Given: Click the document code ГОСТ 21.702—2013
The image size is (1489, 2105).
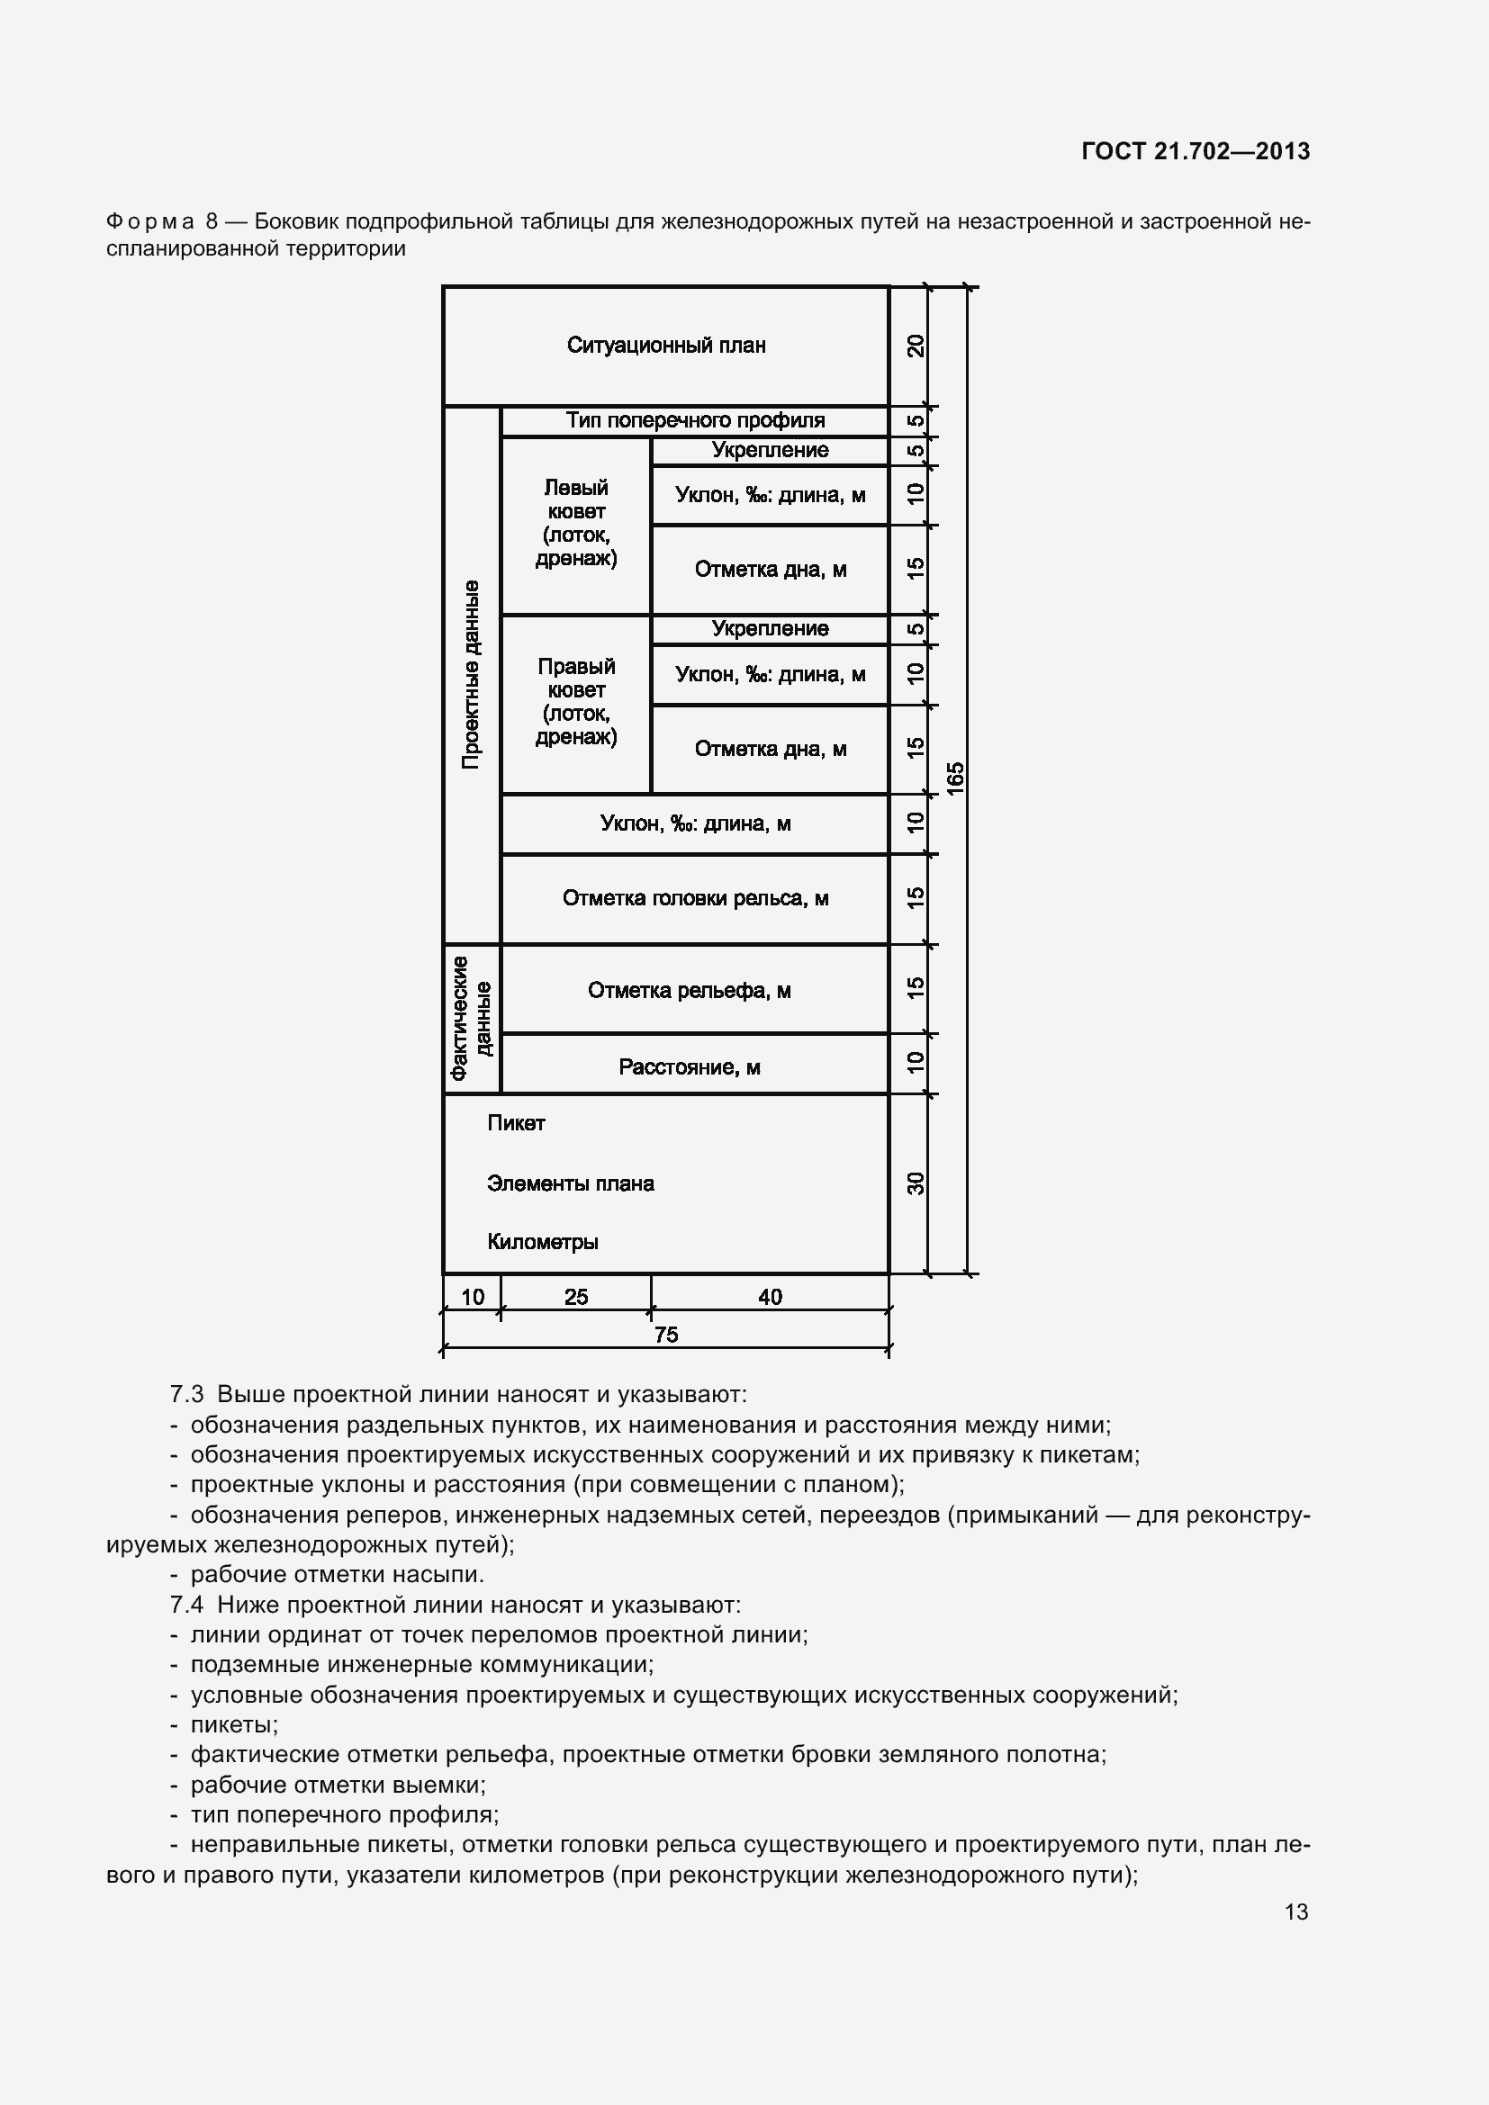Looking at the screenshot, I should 1195,151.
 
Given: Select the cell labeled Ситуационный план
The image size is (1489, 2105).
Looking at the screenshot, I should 665,346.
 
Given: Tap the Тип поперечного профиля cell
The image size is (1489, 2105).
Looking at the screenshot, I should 695,421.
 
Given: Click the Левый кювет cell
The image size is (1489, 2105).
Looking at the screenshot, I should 576,524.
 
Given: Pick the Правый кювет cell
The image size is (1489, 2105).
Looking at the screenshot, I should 576,702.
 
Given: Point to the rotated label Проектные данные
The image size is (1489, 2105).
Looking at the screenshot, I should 471,674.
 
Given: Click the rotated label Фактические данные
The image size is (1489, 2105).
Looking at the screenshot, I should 471,1019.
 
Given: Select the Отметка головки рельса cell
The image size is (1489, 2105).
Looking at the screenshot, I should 695,898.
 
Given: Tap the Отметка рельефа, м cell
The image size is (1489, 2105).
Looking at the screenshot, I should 690,990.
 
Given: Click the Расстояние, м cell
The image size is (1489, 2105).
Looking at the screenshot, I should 690,1066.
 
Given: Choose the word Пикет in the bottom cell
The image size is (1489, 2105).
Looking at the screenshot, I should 516,1124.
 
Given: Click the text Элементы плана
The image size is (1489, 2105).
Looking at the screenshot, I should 570,1183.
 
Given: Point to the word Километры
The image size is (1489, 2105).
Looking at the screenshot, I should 543,1242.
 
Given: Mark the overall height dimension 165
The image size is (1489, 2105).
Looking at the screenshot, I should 955,778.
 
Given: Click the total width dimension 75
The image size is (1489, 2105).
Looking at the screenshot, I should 666,1335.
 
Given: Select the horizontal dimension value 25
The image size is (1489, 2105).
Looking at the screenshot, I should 576,1296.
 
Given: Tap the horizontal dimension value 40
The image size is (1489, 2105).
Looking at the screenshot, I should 771,1296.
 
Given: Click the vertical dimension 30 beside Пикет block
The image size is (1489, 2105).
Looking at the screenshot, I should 915,1183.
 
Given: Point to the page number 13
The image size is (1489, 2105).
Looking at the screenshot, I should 1295,1912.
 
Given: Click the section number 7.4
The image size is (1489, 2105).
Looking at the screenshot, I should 187,1605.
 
